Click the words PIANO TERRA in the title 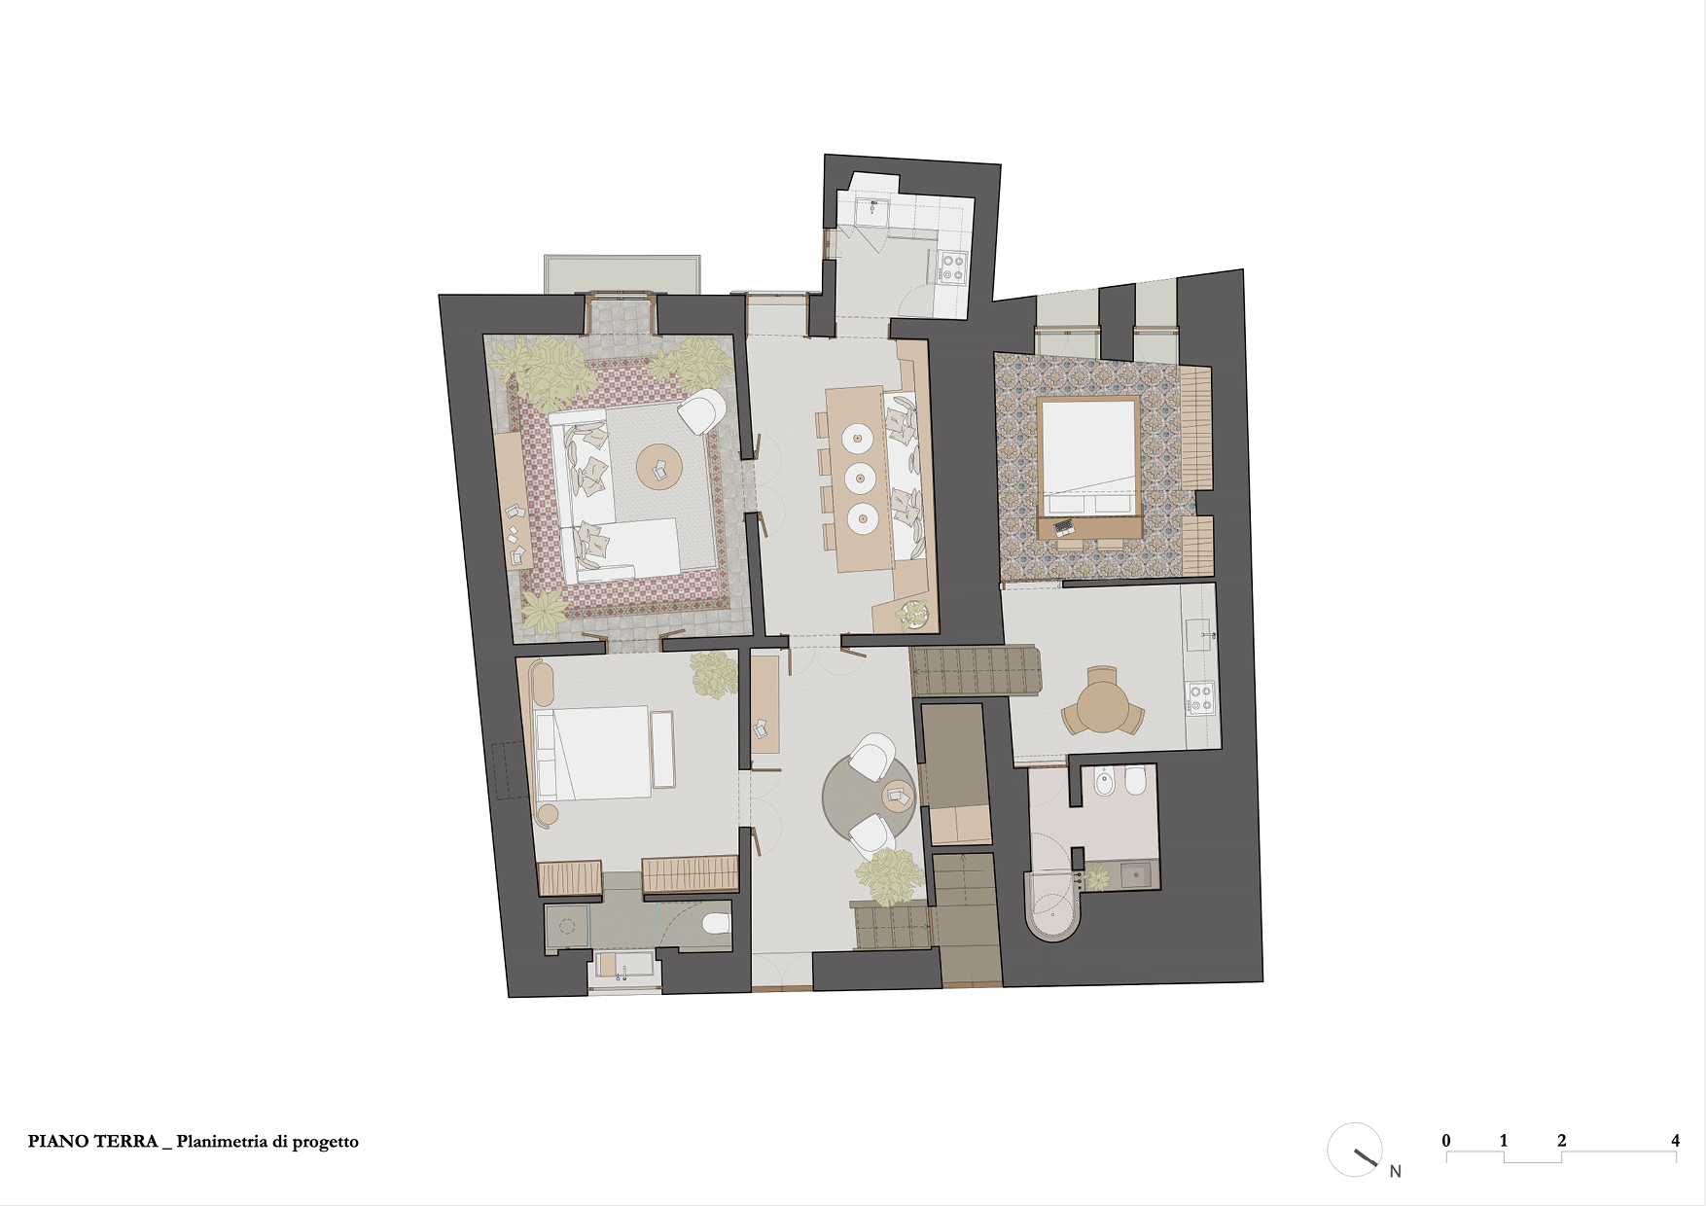[92, 1142]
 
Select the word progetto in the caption [325, 1143]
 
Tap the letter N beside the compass [1395, 1171]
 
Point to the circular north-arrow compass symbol [1355, 1150]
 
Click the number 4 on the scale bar [1675, 1141]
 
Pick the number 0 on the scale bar [1446, 1141]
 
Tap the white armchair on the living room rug [701, 412]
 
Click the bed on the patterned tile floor [1088, 456]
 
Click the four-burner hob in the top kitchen [950, 267]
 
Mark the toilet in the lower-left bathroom [716, 923]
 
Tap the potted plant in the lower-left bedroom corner [715, 675]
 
